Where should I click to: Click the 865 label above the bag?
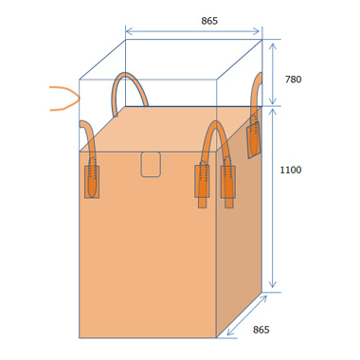(209, 21)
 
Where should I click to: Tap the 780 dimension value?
(293, 80)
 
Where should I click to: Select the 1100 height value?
(291, 170)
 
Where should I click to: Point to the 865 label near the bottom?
(261, 330)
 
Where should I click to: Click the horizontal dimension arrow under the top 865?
(192, 31)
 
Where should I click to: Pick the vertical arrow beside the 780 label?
(273, 73)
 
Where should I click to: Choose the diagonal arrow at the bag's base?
(246, 315)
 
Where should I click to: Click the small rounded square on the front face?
(151, 164)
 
